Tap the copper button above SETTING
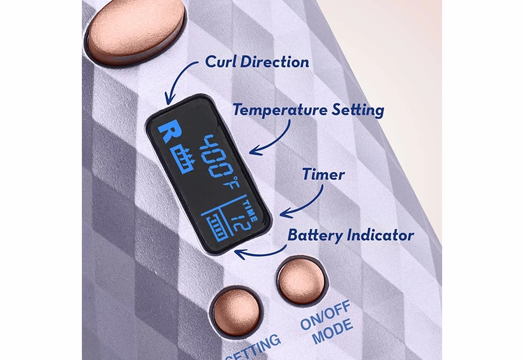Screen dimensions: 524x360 point(236,311)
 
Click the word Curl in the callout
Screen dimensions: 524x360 point(220,62)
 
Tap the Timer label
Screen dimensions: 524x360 point(323,175)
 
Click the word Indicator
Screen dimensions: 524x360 point(380,235)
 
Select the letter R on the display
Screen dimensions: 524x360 point(170,132)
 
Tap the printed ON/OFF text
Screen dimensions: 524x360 point(325,315)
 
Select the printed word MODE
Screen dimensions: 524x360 point(333,331)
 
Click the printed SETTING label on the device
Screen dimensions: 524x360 point(254,347)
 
